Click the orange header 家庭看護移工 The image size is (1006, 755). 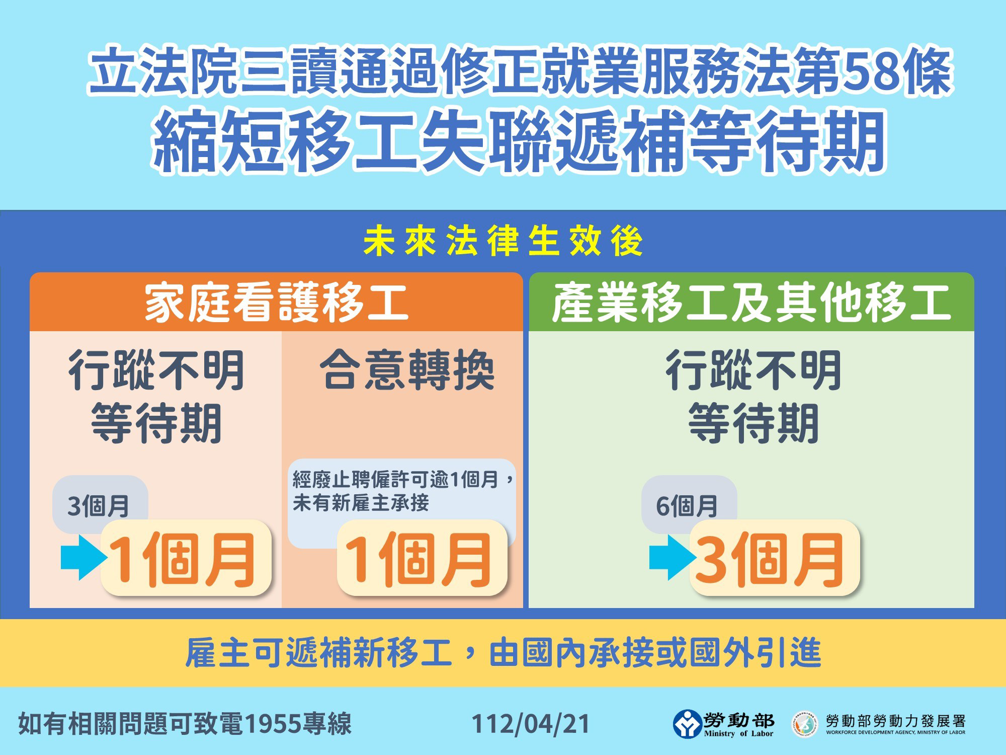point(276,302)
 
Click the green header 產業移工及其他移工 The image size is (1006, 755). point(751,302)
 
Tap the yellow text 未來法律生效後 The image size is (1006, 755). point(503,241)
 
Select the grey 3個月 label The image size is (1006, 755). point(99,505)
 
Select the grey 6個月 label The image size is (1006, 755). point(688,505)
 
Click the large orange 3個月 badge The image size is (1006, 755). point(774,558)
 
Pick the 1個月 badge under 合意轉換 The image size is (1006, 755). point(422,558)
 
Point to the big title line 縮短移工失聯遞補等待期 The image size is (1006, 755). point(519,140)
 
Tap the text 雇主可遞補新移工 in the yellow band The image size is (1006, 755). point(319,653)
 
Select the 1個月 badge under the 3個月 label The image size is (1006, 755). point(186,558)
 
